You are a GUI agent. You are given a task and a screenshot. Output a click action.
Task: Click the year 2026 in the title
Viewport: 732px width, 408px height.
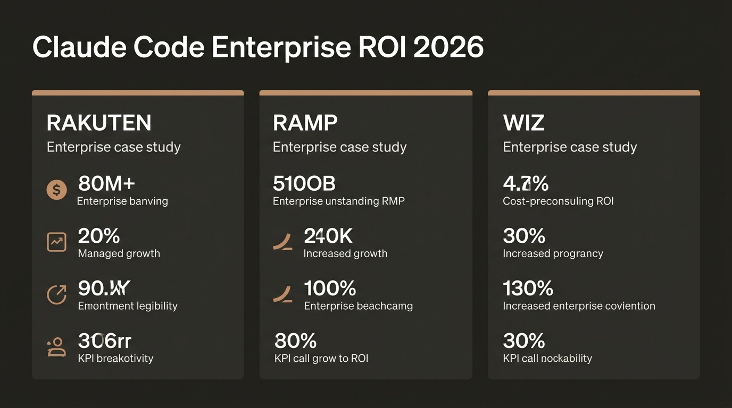click(448, 47)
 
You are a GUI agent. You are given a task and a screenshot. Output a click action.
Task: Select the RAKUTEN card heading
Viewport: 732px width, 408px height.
click(99, 123)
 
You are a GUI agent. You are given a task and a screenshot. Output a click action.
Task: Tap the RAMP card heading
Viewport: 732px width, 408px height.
click(305, 123)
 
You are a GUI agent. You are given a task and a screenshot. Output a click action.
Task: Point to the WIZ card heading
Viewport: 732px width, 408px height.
click(523, 123)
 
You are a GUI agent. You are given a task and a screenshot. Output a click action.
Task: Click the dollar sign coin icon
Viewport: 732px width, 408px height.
click(57, 190)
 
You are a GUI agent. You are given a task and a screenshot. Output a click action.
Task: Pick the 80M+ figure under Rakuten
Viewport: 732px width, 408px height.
click(106, 184)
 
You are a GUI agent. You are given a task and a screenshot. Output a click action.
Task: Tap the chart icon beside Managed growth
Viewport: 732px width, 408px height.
click(57, 242)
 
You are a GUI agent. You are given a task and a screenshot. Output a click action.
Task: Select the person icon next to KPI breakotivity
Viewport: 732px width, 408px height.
click(57, 347)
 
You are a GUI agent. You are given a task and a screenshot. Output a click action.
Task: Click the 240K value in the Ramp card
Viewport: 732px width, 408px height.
click(328, 236)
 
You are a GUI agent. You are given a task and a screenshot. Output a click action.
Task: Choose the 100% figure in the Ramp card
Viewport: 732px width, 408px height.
click(330, 288)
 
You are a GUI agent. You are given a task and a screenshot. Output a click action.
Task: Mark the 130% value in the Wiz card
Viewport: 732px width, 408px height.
click(528, 288)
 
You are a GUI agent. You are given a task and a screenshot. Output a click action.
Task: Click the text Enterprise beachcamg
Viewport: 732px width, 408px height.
click(358, 306)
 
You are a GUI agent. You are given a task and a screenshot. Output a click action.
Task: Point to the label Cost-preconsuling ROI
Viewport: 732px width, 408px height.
click(558, 201)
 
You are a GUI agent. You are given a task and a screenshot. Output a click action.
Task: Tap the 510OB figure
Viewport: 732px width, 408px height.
click(304, 184)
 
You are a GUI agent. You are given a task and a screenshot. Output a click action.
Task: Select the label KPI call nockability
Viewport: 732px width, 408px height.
click(547, 359)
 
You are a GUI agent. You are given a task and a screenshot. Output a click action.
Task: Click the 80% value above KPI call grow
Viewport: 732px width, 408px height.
click(295, 341)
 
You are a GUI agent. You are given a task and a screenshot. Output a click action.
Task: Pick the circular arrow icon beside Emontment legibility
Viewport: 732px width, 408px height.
click(57, 294)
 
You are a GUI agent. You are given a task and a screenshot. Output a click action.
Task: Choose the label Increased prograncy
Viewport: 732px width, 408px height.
click(553, 253)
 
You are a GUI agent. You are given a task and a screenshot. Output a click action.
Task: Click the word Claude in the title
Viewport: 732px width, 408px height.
click(78, 47)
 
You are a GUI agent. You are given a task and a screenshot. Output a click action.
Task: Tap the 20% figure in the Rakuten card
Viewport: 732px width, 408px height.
click(99, 236)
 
